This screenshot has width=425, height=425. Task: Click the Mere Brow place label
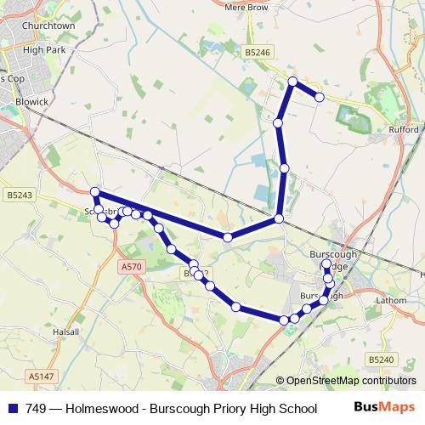point(246,7)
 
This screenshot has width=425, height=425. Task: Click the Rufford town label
point(405,130)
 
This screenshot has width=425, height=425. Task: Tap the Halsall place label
point(65,331)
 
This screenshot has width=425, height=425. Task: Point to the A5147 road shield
point(40,376)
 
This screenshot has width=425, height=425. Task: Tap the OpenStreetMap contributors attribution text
point(352,381)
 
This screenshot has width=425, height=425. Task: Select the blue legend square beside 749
point(12,408)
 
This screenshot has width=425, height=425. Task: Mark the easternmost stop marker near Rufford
point(320,98)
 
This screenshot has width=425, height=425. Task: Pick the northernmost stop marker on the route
point(292,82)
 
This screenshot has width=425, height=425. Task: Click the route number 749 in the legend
point(36,408)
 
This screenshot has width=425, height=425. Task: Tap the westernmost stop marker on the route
point(95,192)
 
